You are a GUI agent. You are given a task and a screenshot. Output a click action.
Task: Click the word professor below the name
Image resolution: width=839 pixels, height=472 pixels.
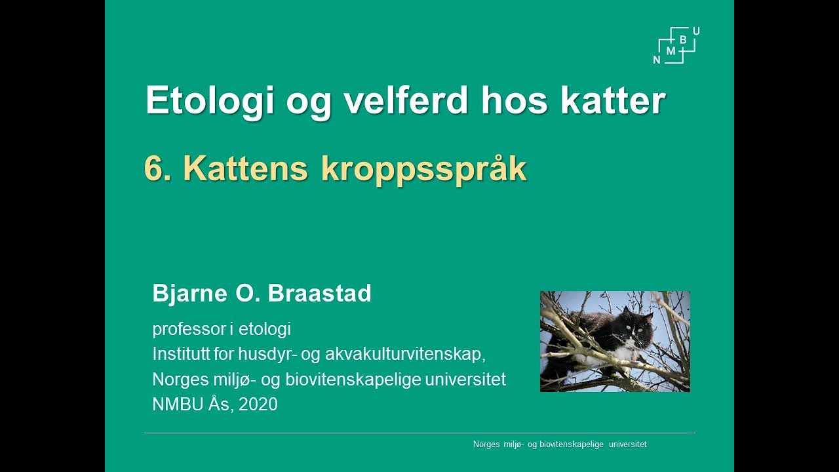pyautogui.click(x=189, y=329)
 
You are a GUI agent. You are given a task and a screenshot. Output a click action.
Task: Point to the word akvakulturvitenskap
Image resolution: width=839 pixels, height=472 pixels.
pyautogui.click(x=402, y=354)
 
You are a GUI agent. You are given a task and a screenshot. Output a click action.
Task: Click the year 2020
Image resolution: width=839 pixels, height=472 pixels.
pyautogui.click(x=258, y=404)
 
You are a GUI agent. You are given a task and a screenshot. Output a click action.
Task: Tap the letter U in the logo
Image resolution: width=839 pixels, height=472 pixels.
pyautogui.click(x=695, y=31)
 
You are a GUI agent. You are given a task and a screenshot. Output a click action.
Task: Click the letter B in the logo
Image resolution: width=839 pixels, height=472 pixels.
pyautogui.click(x=683, y=40)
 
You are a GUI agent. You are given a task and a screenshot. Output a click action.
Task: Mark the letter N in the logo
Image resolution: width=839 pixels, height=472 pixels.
pyautogui.click(x=657, y=60)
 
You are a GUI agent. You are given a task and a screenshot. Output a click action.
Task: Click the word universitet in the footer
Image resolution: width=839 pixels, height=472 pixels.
pyautogui.click(x=627, y=444)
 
